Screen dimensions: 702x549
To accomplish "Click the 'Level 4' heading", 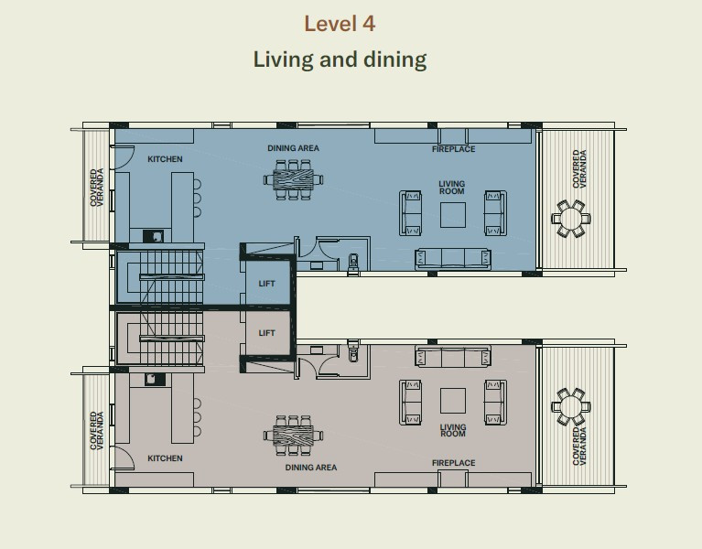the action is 340,24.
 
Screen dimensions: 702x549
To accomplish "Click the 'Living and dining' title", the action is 340,59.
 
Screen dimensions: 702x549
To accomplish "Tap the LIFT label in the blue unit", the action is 266,284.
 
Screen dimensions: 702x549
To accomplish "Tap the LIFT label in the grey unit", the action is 266,333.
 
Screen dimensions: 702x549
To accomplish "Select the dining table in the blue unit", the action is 293,180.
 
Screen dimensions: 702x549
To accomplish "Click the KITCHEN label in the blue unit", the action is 165,159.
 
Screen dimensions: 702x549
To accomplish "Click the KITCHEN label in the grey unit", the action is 165,458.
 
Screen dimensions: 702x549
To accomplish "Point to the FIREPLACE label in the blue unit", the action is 454,149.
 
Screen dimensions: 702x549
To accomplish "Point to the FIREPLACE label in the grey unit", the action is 454,463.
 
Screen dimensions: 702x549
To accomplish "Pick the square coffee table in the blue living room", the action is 453,215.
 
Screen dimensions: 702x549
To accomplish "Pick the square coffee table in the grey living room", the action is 453,401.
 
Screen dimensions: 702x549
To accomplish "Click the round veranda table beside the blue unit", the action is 571,219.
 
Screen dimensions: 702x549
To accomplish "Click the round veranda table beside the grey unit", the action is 571,406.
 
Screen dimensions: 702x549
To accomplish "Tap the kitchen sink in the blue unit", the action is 154,236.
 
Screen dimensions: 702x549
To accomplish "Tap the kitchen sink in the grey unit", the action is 155,380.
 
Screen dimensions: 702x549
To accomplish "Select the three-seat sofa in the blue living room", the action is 453,259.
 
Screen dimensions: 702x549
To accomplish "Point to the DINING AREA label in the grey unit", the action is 311,468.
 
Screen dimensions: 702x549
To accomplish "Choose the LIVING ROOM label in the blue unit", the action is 452,188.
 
